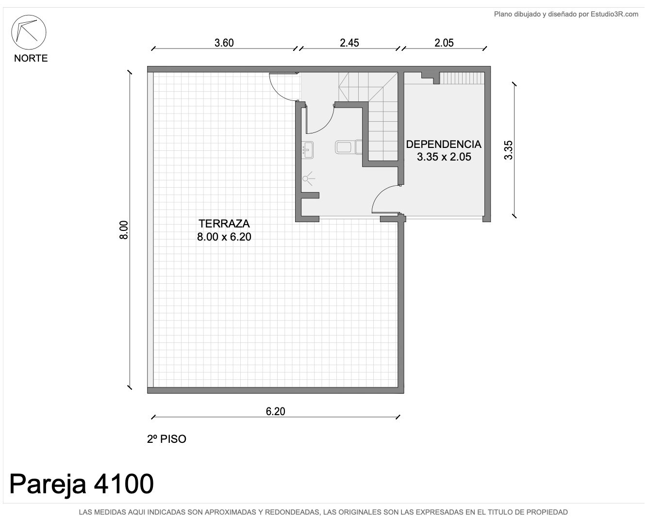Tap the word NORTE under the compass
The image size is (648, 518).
coord(31,58)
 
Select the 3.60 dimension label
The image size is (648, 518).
coord(224,43)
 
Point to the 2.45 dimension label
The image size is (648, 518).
coord(349,43)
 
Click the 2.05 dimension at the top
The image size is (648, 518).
coord(444,43)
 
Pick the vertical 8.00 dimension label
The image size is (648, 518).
coord(124,230)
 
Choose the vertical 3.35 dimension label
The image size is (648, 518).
coord(508,150)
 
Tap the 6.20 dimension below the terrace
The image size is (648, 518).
coord(275,411)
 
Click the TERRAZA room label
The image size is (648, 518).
coord(224,224)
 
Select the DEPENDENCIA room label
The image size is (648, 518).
coord(444,145)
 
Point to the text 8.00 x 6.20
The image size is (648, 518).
coord(224,237)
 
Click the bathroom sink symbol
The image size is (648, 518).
coord(307,150)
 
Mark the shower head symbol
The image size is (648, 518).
coord(308,178)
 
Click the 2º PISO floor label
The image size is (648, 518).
coord(166,439)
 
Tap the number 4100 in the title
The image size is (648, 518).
coord(124,484)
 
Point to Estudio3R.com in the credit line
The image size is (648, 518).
coord(615,14)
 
